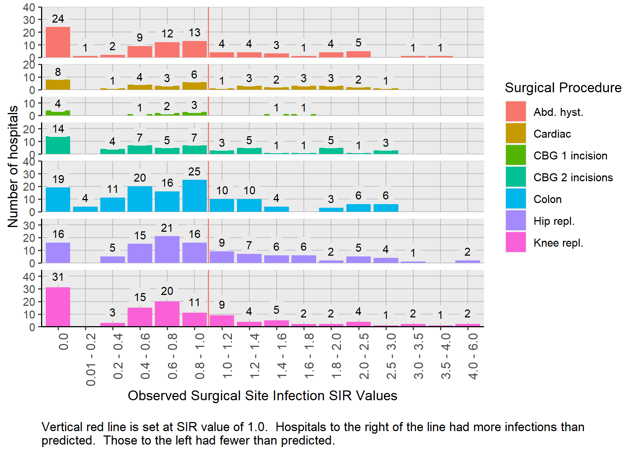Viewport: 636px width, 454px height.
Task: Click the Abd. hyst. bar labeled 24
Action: [58, 42]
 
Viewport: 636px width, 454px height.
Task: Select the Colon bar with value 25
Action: [194, 196]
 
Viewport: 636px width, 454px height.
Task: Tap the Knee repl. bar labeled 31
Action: [58, 307]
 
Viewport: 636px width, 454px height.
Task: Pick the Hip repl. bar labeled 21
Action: [167, 250]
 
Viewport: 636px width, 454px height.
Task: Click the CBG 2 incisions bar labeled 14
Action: [58, 145]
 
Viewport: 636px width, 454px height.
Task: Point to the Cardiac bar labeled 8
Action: [58, 85]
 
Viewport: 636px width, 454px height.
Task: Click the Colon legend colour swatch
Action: [516, 199]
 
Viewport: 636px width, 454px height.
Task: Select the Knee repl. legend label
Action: [558, 243]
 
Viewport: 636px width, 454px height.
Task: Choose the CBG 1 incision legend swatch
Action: [516, 155]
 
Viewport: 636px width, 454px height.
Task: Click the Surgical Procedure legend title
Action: [563, 88]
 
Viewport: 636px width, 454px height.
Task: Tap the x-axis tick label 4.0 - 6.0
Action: [473, 356]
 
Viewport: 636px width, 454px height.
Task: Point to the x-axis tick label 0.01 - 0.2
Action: [91, 360]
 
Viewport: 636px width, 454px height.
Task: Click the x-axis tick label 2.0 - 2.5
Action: [364, 356]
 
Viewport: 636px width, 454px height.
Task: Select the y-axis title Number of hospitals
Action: [13, 166]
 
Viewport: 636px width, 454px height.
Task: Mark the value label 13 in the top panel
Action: [194, 33]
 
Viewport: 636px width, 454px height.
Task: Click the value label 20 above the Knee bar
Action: [167, 291]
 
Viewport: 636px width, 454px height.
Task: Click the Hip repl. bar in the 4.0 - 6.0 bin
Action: [468, 262]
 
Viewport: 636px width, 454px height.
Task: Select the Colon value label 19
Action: [58, 179]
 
